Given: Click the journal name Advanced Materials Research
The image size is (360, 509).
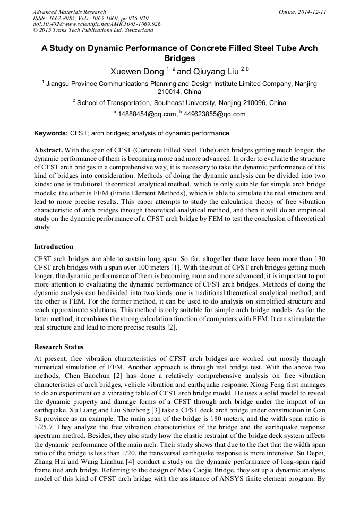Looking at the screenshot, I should click(69, 12).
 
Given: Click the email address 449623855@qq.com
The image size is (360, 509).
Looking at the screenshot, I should click(215, 114).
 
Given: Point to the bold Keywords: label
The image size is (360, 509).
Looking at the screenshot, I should click(51, 133).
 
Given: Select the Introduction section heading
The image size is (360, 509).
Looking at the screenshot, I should click(54, 247).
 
